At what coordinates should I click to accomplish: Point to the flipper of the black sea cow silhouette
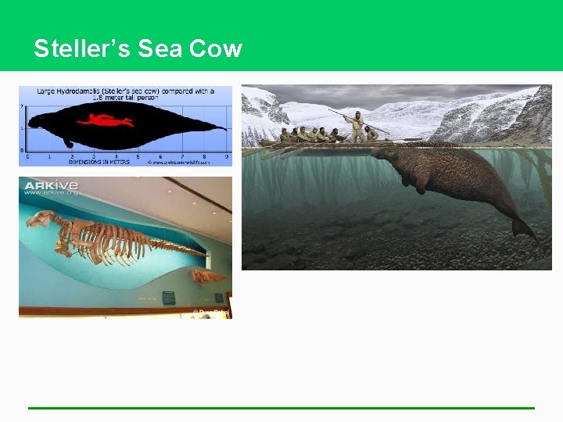(69, 143)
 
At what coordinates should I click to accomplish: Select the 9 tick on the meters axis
(226, 157)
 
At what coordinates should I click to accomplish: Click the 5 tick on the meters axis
(138, 157)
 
